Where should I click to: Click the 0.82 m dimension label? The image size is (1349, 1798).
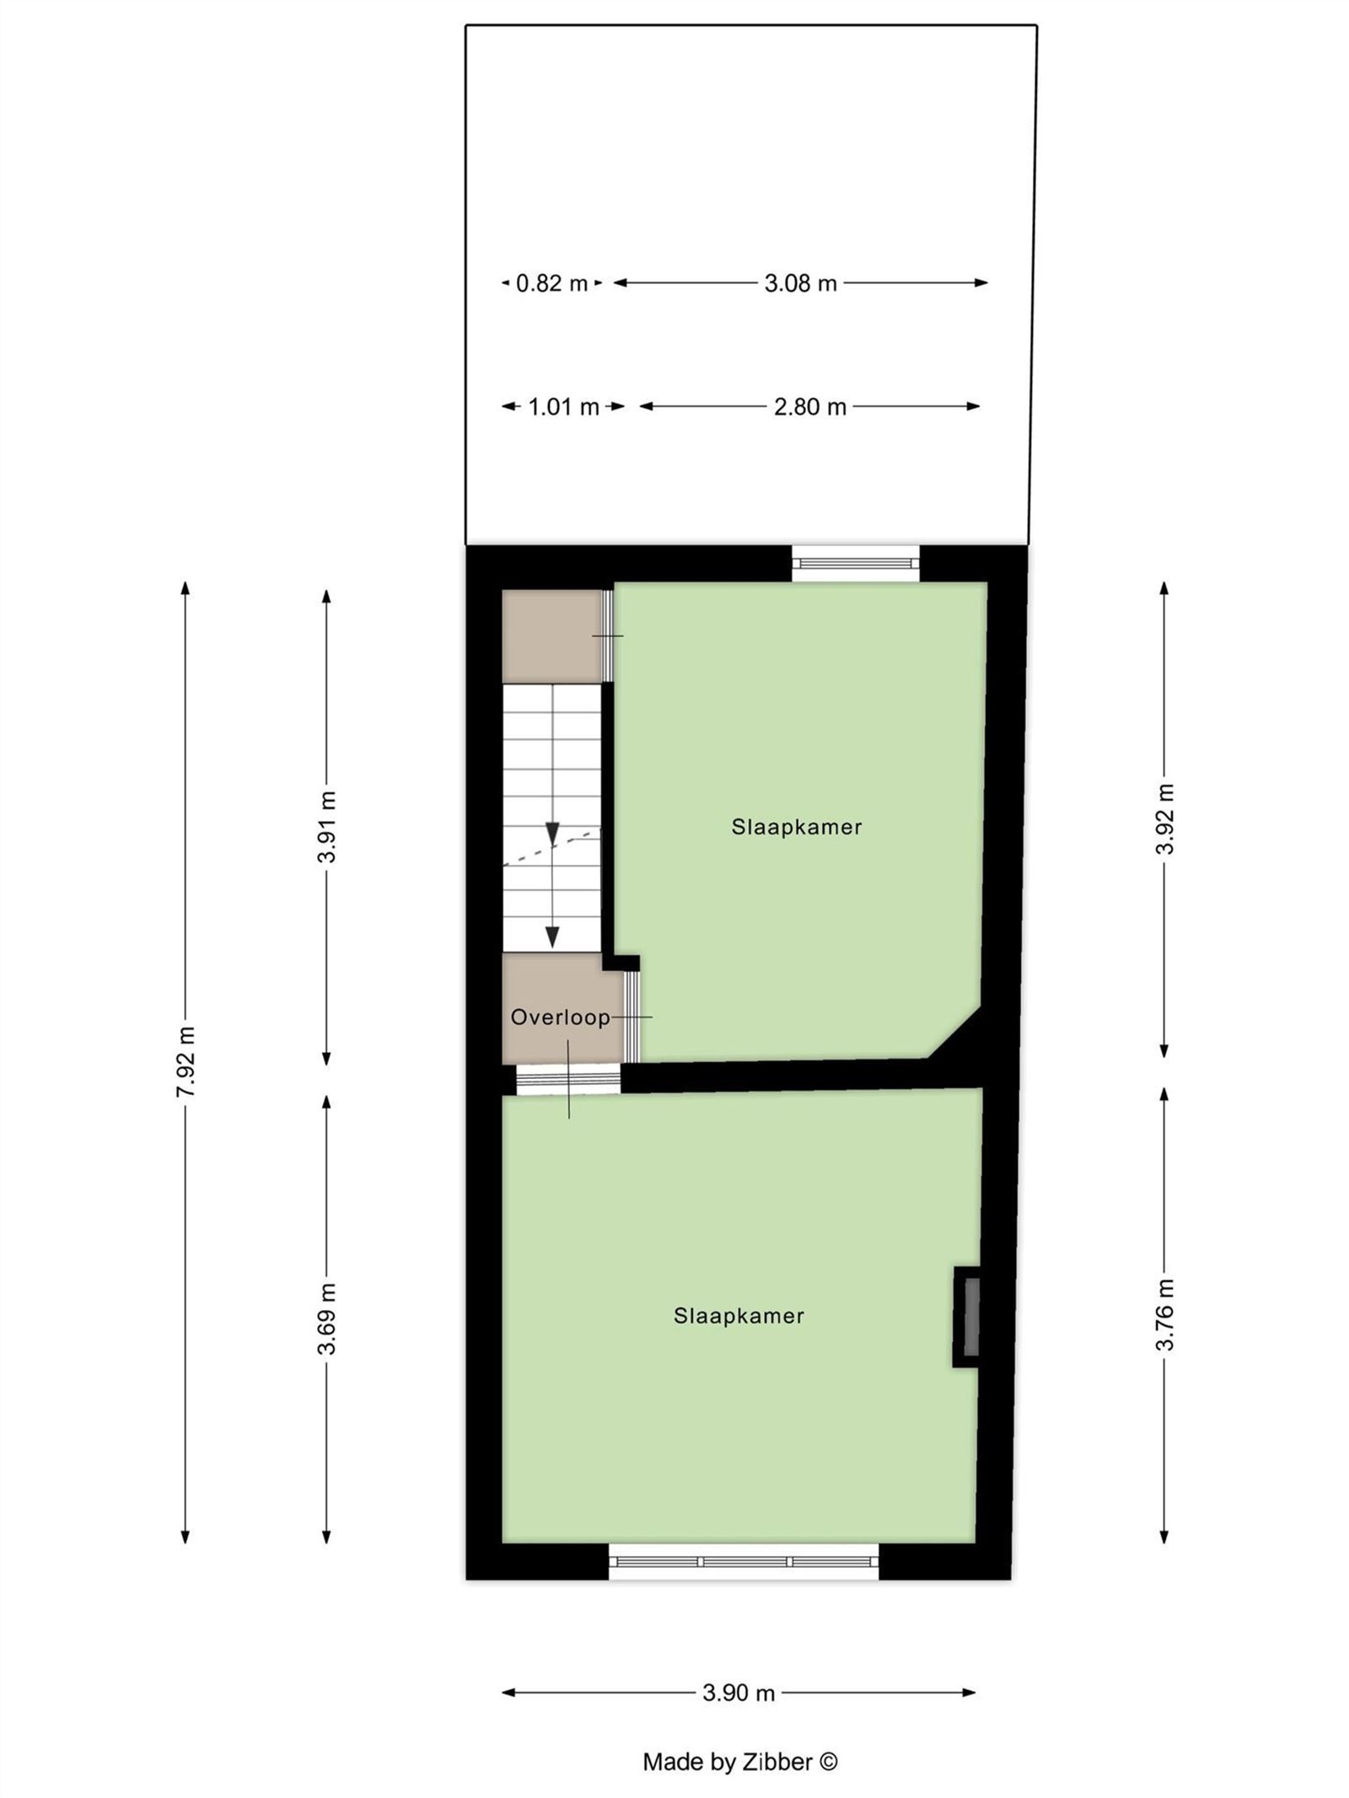coord(551,283)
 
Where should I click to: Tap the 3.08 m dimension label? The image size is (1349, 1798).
coord(799,283)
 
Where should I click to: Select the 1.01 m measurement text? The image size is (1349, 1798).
coord(562,407)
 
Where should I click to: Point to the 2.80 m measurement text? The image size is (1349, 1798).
coord(809,407)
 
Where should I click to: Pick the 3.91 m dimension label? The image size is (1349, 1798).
coord(327,826)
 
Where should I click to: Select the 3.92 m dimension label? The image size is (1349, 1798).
coord(1164,818)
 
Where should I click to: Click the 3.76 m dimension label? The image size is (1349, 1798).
coord(1164,1314)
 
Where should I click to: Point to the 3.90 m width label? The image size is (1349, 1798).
coord(738,1692)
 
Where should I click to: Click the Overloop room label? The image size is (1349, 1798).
coord(560,1017)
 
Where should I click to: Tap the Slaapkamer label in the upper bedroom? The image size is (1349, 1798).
coord(796,827)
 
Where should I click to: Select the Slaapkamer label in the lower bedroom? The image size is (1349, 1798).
coord(739,1316)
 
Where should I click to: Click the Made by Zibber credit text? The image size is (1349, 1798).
coord(739,1761)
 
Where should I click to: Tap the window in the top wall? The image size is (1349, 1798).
coord(855,562)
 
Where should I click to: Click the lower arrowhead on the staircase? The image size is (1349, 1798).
coord(552,936)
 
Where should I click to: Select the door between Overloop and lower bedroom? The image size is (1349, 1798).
coord(567,1079)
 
